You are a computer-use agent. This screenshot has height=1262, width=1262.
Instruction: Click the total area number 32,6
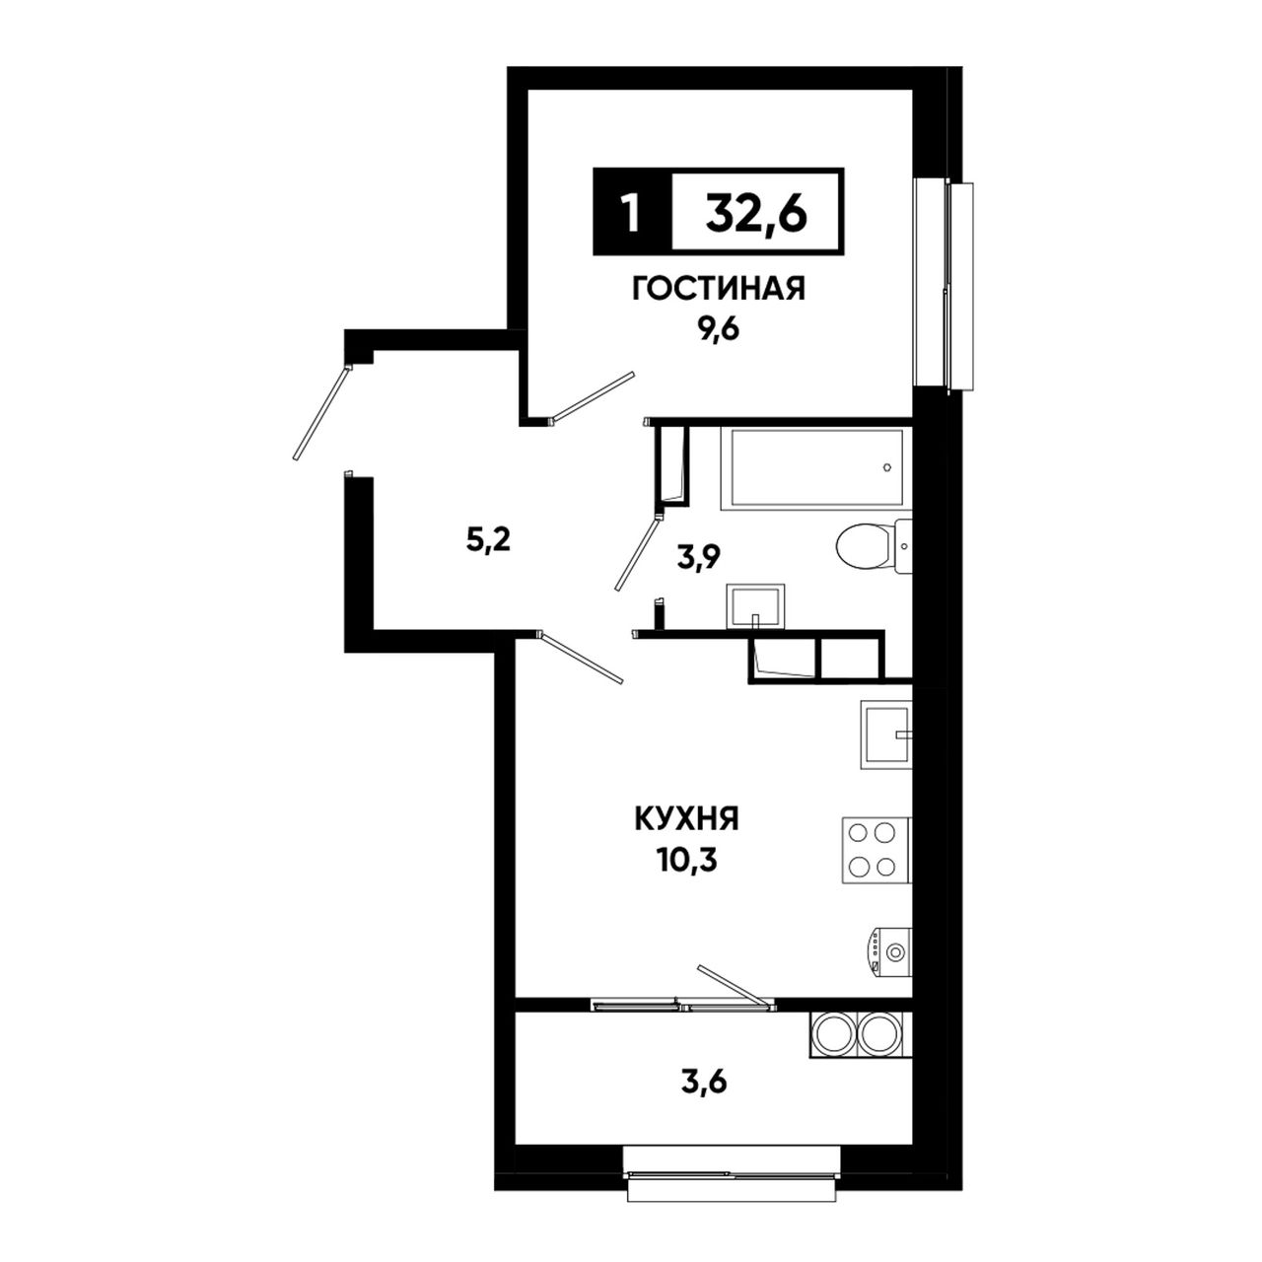click(756, 213)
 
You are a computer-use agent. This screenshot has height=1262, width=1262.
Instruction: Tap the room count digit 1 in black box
click(631, 213)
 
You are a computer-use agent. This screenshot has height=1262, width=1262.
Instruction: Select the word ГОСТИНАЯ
click(719, 289)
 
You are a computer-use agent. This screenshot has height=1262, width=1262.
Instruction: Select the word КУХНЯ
click(685, 819)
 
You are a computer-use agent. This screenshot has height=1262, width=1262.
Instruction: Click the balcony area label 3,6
click(706, 1085)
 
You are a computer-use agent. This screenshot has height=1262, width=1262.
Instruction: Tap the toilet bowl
click(875, 545)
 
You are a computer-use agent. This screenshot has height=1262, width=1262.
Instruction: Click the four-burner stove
click(876, 850)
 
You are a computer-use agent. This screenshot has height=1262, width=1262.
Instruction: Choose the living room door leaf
click(593, 397)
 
